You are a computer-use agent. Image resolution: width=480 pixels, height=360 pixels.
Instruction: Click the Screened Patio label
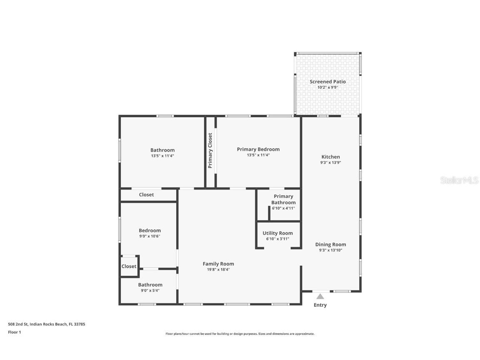[x=327, y=82]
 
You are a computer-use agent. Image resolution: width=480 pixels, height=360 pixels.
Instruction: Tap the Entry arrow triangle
[x=320, y=297]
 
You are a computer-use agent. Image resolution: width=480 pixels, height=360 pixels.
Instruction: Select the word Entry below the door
[x=320, y=305]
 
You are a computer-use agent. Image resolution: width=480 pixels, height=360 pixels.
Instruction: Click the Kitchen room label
[x=330, y=157]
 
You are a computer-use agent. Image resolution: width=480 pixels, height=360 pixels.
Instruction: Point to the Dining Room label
[x=330, y=245]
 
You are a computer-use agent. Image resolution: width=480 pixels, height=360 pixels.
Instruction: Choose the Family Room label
[x=218, y=264]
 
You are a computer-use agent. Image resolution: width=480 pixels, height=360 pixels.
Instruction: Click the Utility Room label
[x=277, y=233]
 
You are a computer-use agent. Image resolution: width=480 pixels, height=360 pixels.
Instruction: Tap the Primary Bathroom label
[x=283, y=199]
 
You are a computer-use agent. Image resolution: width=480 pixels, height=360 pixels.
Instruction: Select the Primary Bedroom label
[x=258, y=150]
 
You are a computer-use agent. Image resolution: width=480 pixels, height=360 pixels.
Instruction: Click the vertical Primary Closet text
[x=210, y=150]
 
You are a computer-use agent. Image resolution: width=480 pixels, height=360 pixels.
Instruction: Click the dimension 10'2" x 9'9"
[x=327, y=87]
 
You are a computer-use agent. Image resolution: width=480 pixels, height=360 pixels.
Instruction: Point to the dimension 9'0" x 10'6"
[x=150, y=236]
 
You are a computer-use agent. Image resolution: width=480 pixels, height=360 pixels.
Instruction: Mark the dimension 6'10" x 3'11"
[x=277, y=239]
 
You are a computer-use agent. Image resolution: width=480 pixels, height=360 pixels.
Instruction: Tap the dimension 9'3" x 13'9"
[x=330, y=163]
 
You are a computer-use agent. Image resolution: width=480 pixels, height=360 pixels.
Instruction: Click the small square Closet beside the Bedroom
[x=129, y=266]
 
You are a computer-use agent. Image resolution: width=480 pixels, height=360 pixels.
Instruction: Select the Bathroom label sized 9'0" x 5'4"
[x=150, y=285]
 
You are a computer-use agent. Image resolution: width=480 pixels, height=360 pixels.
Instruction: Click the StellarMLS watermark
[x=460, y=180]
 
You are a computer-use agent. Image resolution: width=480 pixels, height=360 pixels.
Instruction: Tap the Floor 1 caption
[x=14, y=332]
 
